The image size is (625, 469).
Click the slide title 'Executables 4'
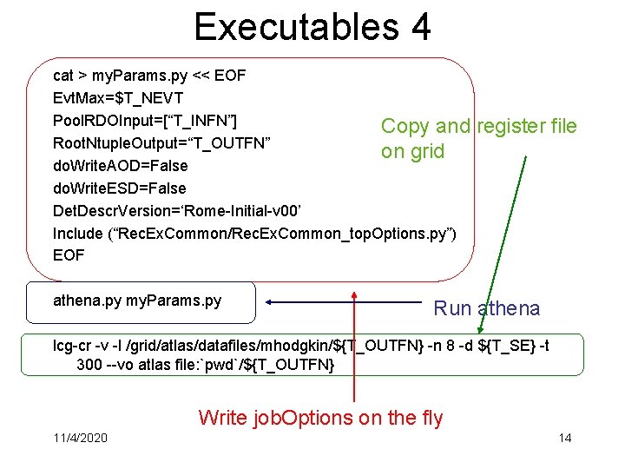(x=312, y=27)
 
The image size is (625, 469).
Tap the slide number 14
(x=565, y=437)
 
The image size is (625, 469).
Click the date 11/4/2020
(x=80, y=437)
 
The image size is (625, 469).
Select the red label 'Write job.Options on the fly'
(x=320, y=418)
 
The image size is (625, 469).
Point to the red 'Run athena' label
(x=486, y=308)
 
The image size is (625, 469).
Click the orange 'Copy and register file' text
(x=478, y=127)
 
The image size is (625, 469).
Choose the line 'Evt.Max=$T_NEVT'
(x=118, y=97)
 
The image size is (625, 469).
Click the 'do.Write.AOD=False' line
(x=120, y=165)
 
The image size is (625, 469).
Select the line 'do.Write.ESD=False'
(x=120, y=188)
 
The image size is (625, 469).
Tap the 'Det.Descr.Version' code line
(x=181, y=210)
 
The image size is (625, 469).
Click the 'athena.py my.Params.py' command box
(x=140, y=301)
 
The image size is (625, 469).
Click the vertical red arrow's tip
(x=354, y=294)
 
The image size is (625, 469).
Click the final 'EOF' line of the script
(x=69, y=255)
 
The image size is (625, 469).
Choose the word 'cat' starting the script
(x=63, y=75)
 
